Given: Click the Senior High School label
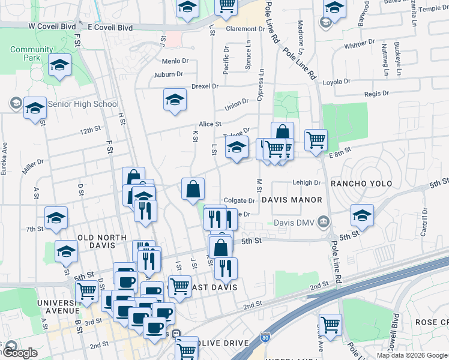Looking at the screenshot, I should tap(83, 104).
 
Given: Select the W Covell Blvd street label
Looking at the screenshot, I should tap(53, 27).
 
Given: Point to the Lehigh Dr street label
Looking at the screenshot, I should tap(308, 183).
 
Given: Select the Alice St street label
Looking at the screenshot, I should tap(210, 124).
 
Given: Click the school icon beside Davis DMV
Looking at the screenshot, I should tap(362, 215).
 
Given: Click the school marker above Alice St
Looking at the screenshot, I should tap(175, 100).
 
